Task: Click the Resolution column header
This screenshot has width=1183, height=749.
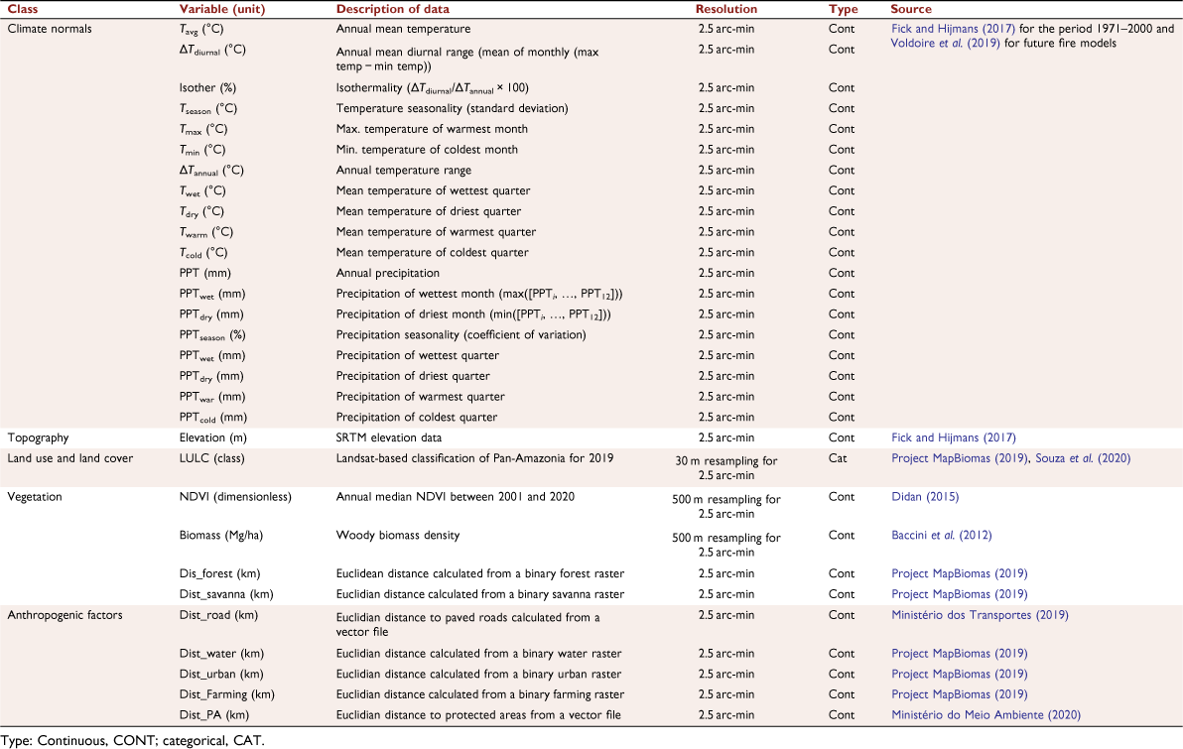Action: pyautogui.click(x=725, y=9)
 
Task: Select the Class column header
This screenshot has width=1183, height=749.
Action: pyautogui.click(x=23, y=9)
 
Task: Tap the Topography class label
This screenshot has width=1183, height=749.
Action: pyautogui.click(x=38, y=438)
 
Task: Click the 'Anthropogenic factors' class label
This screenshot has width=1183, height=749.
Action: pyautogui.click(x=65, y=615)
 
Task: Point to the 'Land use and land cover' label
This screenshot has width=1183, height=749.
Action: pyautogui.click(x=70, y=458)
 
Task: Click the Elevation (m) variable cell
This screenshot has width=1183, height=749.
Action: pyautogui.click(x=212, y=437)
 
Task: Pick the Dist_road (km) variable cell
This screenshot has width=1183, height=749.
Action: pyautogui.click(x=218, y=615)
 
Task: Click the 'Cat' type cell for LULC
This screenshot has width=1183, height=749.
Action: pyautogui.click(x=838, y=458)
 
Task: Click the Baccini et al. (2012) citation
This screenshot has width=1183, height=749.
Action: pyautogui.click(x=942, y=536)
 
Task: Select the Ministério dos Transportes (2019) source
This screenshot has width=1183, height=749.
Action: pyautogui.click(x=981, y=615)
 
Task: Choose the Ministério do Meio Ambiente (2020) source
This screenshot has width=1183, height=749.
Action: pyautogui.click(x=986, y=715)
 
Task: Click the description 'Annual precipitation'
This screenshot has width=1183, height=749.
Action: pyautogui.click(x=388, y=273)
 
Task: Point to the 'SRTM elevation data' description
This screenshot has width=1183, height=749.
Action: pyautogui.click(x=389, y=437)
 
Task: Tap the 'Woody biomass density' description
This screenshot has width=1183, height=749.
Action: pyautogui.click(x=398, y=536)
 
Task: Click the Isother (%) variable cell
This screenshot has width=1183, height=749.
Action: pyautogui.click(x=207, y=88)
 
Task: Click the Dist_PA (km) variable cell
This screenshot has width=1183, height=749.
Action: pyautogui.click(x=214, y=715)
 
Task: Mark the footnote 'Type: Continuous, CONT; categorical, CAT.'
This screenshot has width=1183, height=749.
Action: pyautogui.click(x=133, y=741)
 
